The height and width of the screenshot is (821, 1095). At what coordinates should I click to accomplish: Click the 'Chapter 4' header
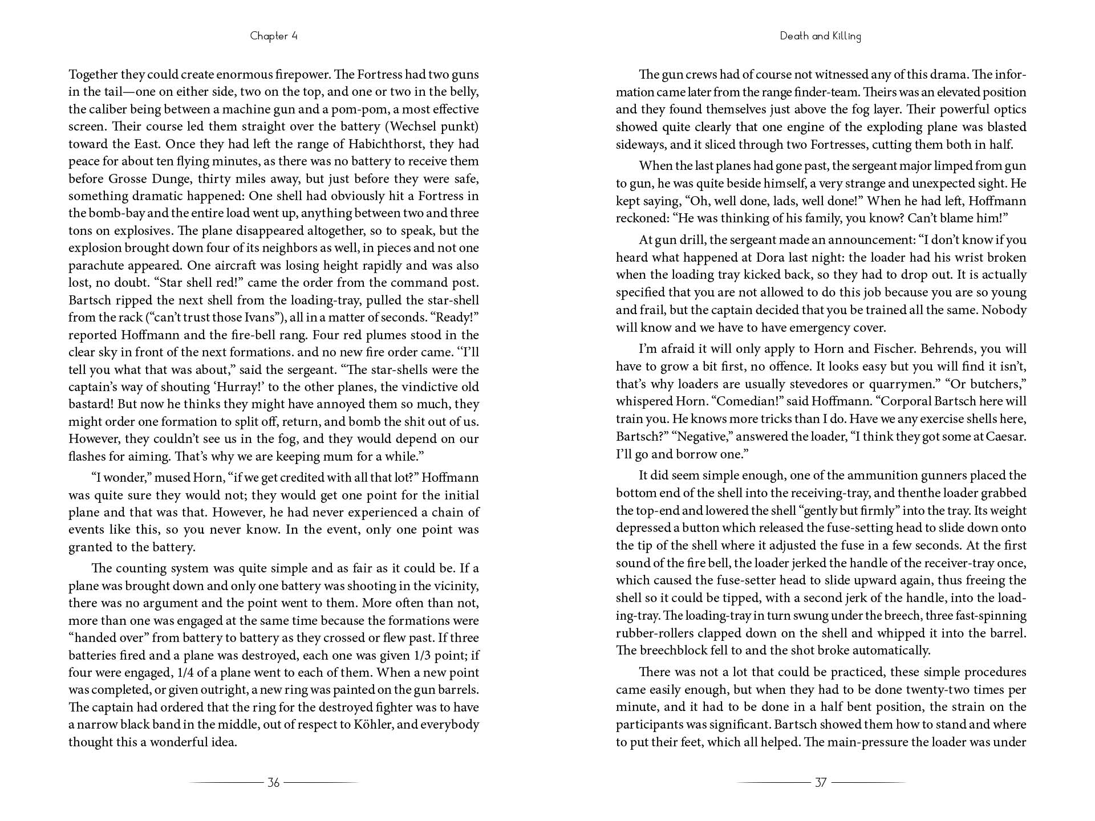point(274,36)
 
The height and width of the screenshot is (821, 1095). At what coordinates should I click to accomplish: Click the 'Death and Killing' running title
point(821,36)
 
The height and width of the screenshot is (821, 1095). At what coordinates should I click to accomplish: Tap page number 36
point(274,782)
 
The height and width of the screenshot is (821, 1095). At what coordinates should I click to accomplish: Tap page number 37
point(821,782)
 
